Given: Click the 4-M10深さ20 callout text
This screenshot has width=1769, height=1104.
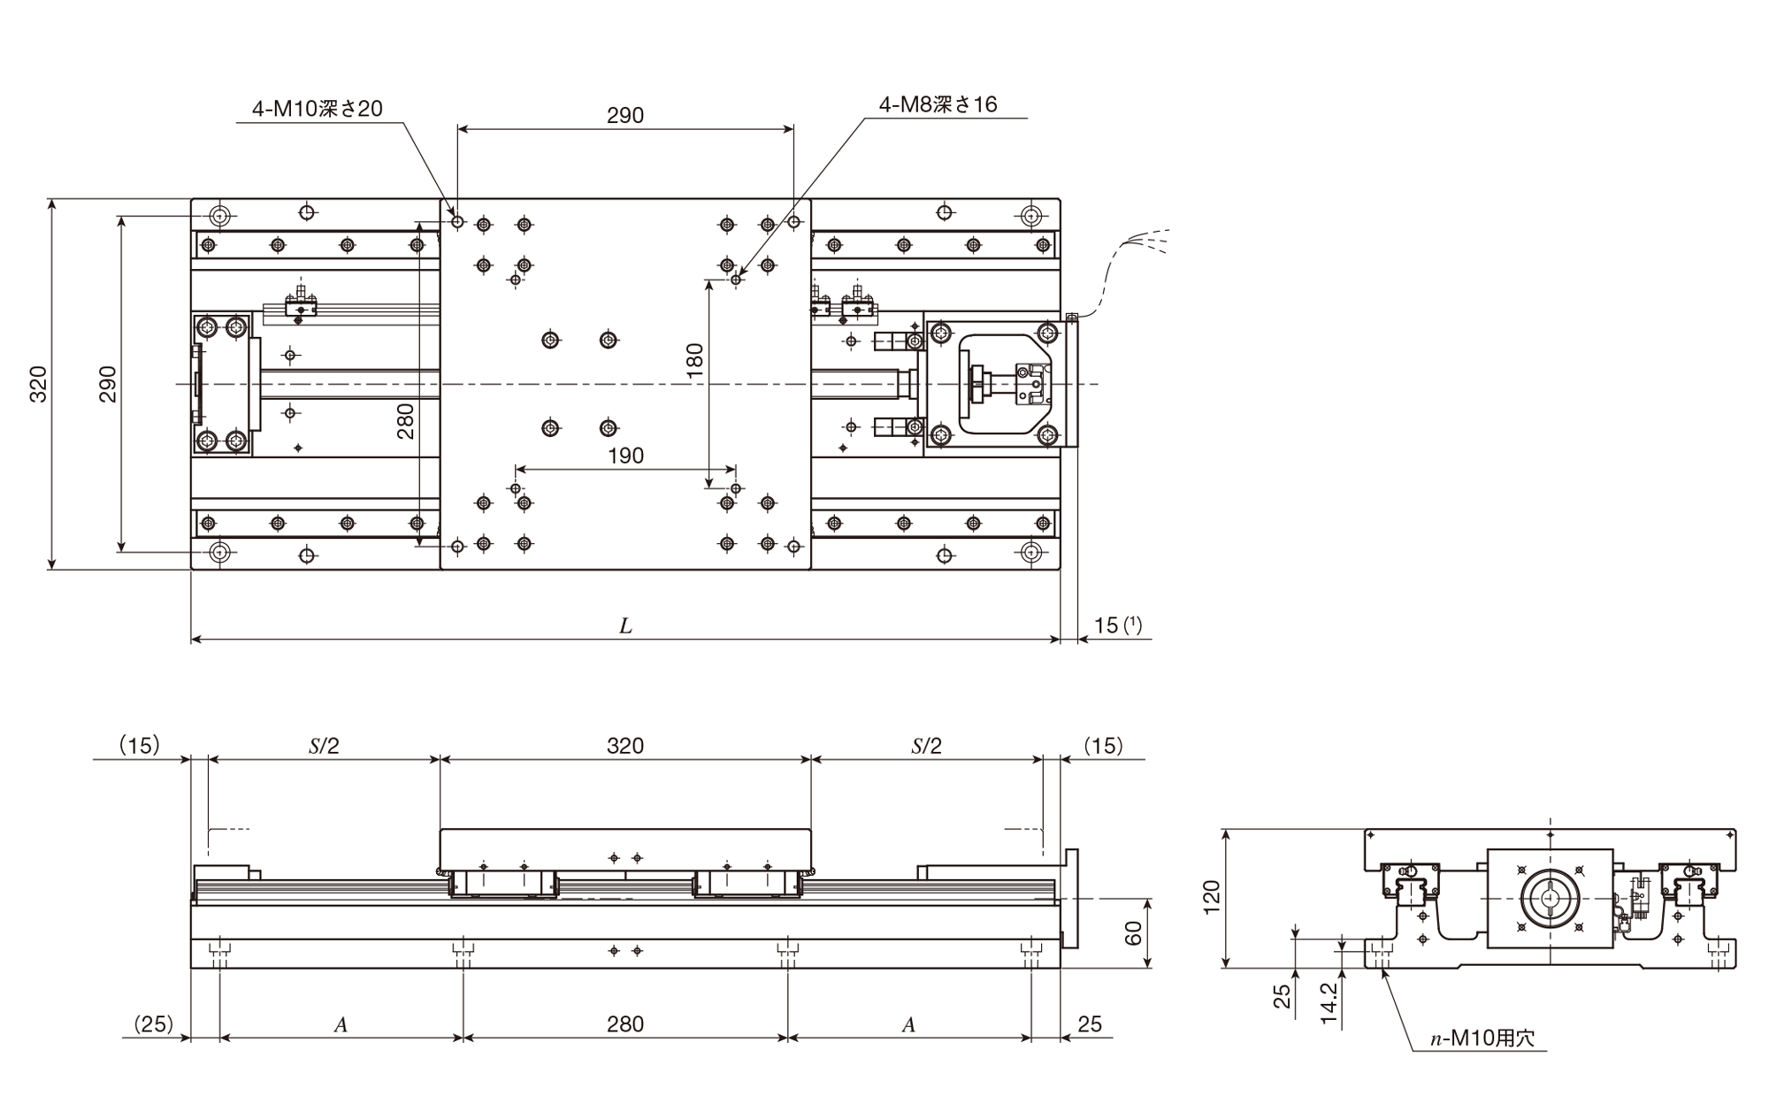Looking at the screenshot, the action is pyautogui.click(x=318, y=109).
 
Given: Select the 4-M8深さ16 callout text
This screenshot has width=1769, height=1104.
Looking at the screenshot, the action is pyautogui.click(x=938, y=104).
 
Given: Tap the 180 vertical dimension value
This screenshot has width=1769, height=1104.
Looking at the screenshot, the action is pyautogui.click(x=694, y=361).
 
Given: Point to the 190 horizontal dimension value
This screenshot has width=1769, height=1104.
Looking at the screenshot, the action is pyautogui.click(x=625, y=456).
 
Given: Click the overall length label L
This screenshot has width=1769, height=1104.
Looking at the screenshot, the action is pyautogui.click(x=625, y=626).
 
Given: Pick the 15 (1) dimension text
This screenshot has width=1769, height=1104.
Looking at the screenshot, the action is pyautogui.click(x=1118, y=625).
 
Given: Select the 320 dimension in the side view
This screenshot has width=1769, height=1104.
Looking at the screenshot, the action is pyautogui.click(x=625, y=746).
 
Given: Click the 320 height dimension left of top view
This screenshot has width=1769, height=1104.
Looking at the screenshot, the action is pyautogui.click(x=38, y=384).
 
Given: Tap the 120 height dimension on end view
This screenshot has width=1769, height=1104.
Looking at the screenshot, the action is pyautogui.click(x=1212, y=898).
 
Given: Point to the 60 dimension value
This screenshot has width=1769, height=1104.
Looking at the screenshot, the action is pyautogui.click(x=1133, y=933).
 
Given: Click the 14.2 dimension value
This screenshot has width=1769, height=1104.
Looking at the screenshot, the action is pyautogui.click(x=1329, y=1004).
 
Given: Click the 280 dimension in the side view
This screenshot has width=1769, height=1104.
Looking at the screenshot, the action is pyautogui.click(x=625, y=1023).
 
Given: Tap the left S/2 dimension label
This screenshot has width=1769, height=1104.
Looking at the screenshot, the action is pyautogui.click(x=324, y=746).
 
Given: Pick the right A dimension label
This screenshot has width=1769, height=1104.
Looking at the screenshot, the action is pyautogui.click(x=908, y=1024).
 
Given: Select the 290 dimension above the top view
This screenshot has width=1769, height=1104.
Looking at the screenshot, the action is pyautogui.click(x=625, y=115).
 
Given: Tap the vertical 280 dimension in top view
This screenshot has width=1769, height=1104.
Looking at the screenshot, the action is pyautogui.click(x=405, y=421).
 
